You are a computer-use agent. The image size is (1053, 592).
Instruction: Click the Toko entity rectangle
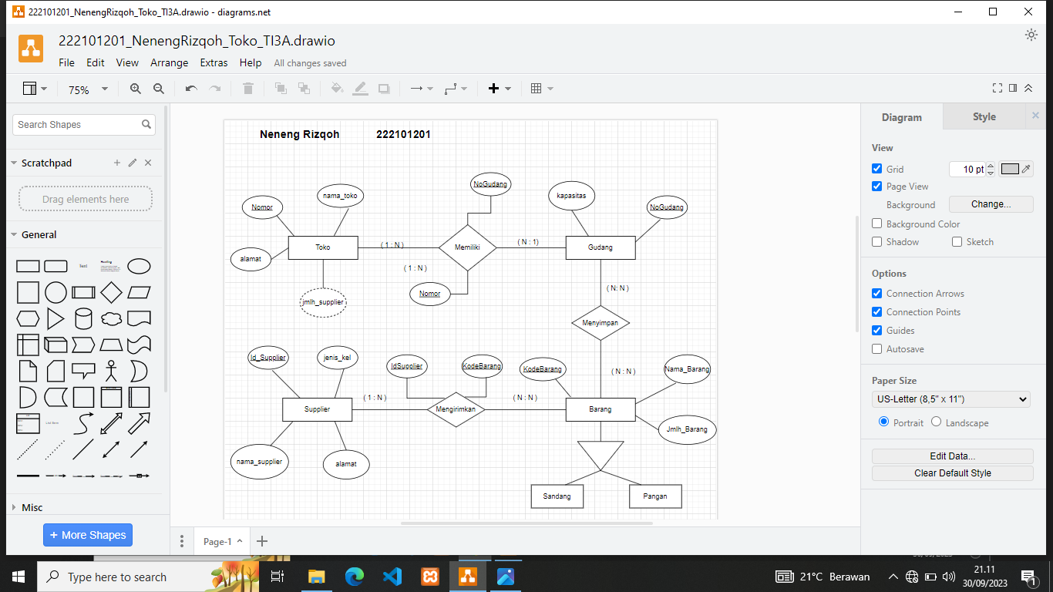coord(323,247)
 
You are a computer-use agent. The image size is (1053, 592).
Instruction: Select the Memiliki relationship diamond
coord(467,247)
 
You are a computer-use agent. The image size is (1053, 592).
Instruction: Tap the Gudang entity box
coord(601,247)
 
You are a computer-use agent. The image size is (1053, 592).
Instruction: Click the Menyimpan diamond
coord(601,323)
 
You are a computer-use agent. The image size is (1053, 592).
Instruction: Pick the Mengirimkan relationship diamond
coord(456,409)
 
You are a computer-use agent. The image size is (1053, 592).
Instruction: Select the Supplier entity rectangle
coord(317,409)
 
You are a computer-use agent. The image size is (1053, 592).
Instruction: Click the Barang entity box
coord(601,409)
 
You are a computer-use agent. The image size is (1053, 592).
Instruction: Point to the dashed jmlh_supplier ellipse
coord(323,302)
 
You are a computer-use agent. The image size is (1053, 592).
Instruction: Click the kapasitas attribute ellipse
coord(571,196)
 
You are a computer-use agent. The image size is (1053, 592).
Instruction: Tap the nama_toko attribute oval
coord(341,196)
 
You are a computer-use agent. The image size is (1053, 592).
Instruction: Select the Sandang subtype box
coord(557,496)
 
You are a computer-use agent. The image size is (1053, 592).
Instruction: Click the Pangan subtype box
coord(655,496)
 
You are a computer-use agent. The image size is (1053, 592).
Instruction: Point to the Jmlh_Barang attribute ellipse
coord(687,429)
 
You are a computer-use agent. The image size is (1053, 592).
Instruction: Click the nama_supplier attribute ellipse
coord(259,462)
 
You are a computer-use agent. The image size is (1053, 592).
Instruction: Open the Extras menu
coord(214,63)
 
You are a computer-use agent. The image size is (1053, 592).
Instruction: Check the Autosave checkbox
coord(876,349)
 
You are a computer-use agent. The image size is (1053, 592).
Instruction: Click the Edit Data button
coord(952,456)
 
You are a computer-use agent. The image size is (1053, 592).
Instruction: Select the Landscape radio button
coord(936,422)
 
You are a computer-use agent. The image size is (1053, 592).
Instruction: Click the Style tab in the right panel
coord(984,117)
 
